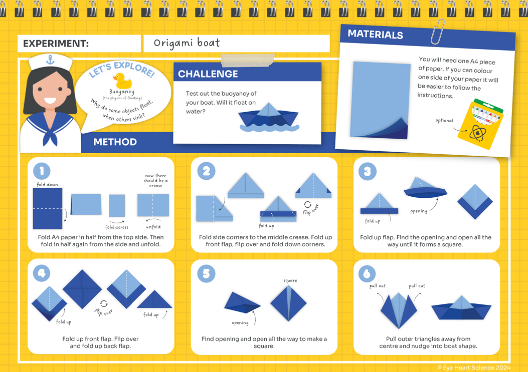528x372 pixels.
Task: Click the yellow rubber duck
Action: pyautogui.click(x=122, y=81)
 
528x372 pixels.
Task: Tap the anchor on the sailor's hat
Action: pyautogui.click(x=50, y=60)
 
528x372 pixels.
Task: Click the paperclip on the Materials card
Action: pyautogui.click(x=437, y=32)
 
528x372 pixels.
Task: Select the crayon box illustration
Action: pyautogui.click(x=481, y=124)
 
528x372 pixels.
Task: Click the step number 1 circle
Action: pyautogui.click(x=42, y=171)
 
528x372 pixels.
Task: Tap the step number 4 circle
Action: pyautogui.click(x=42, y=273)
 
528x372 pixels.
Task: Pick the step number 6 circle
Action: pyautogui.click(x=367, y=273)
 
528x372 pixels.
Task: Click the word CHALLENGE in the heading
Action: pyautogui.click(x=208, y=74)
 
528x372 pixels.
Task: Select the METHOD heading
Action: pyautogui.click(x=115, y=142)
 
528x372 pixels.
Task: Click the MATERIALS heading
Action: pyautogui.click(x=375, y=35)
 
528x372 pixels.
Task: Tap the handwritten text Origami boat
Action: pyautogui.click(x=187, y=43)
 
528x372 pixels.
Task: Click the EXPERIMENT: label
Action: pyautogui.click(x=56, y=44)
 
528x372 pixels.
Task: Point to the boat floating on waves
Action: pyautogui.click(x=269, y=117)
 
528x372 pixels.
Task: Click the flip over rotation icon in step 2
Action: pyautogui.click(x=307, y=204)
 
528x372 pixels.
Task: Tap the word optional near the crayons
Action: pyautogui.click(x=444, y=121)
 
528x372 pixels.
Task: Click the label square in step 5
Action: pyautogui.click(x=290, y=280)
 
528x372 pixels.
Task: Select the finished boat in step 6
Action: pyautogui.click(x=461, y=308)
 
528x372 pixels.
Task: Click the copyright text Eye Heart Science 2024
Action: pyautogui.click(x=474, y=367)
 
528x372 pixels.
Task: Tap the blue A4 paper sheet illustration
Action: pyautogui.click(x=380, y=100)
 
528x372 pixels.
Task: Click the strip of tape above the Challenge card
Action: pyautogui.click(x=248, y=61)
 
